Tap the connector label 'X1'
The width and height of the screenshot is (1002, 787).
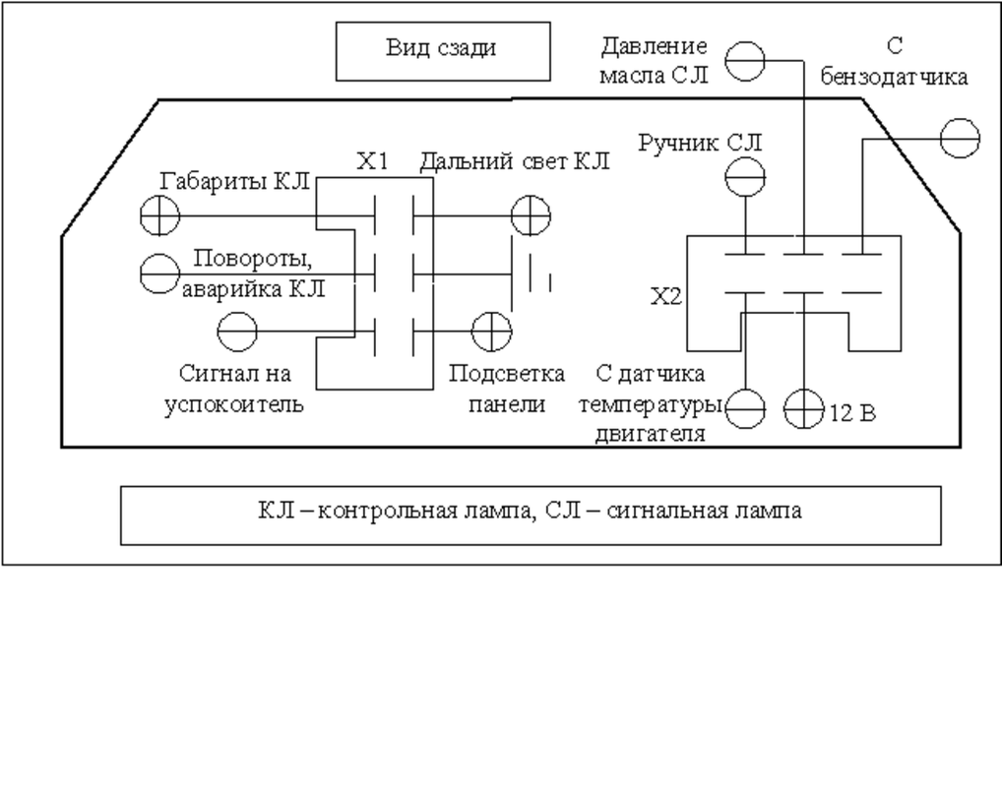(373, 161)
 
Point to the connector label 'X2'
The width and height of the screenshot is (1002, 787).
(666, 297)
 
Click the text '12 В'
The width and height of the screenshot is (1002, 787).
(852, 413)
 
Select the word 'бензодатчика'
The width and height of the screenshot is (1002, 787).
(894, 78)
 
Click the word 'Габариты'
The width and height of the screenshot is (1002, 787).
(215, 182)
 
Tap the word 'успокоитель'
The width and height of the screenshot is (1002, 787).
(234, 405)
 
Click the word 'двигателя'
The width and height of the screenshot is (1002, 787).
(651, 435)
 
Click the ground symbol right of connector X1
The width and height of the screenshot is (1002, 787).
(531, 274)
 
